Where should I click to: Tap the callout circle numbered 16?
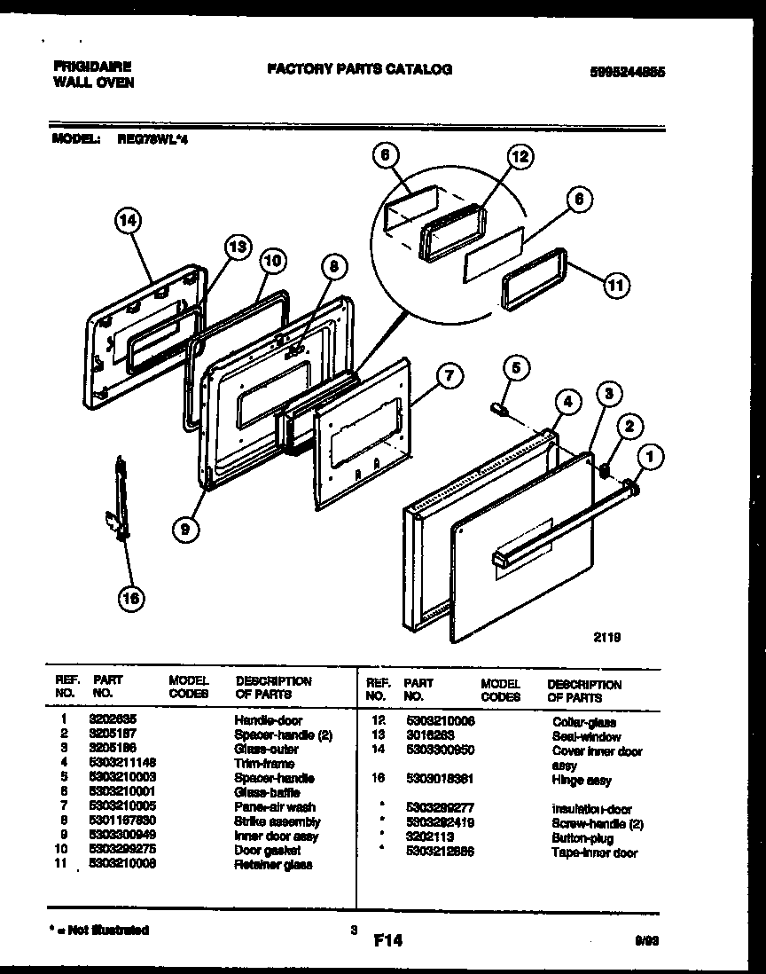point(131,601)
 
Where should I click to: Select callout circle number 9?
point(184,530)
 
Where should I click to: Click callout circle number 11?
point(616,285)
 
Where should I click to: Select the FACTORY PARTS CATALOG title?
point(358,69)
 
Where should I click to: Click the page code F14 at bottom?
point(387,939)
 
